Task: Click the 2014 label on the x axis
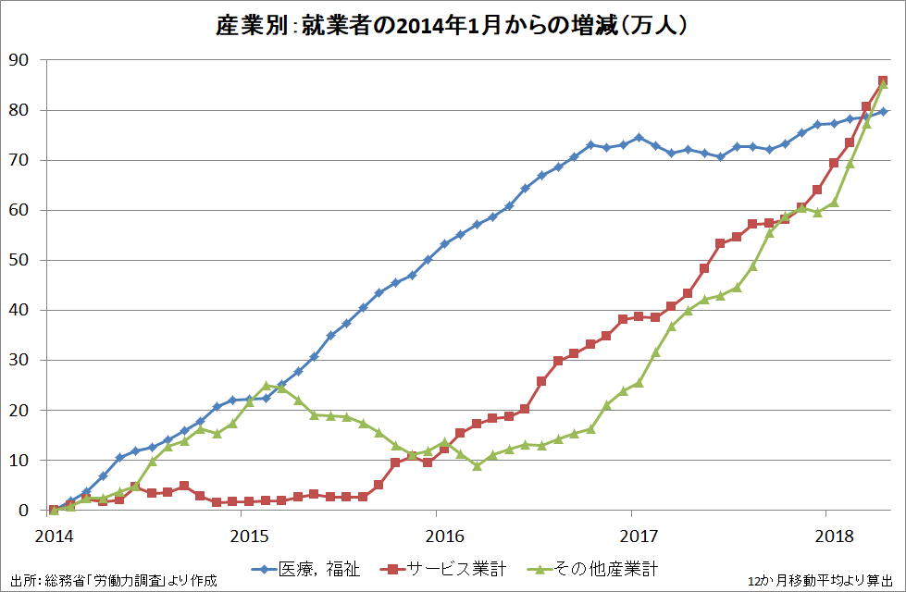[54, 537]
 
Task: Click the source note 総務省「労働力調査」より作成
[111, 580]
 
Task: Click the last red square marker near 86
[883, 81]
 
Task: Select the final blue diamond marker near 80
[883, 111]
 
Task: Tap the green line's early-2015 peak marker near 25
[267, 385]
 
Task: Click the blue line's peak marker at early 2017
[639, 137]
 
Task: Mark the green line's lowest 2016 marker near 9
[477, 465]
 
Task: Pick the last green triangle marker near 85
[883, 85]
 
